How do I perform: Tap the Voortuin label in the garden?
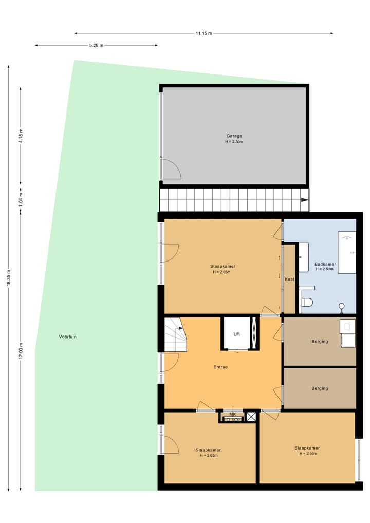[x=67, y=337]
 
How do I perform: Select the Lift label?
[x=237, y=334]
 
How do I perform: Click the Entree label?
[x=220, y=367]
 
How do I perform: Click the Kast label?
[x=289, y=279]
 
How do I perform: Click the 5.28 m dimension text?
[x=96, y=45]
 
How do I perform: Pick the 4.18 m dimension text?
[x=21, y=136]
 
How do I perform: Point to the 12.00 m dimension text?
[x=21, y=351]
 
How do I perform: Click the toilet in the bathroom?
[x=307, y=302]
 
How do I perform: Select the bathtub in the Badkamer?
[x=347, y=252]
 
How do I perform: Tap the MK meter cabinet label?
[x=232, y=414]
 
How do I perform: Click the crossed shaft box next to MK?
[x=251, y=417]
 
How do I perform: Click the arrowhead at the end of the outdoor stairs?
[x=305, y=200]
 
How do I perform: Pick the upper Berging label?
[x=319, y=342]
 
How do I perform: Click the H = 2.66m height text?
[x=307, y=454]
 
